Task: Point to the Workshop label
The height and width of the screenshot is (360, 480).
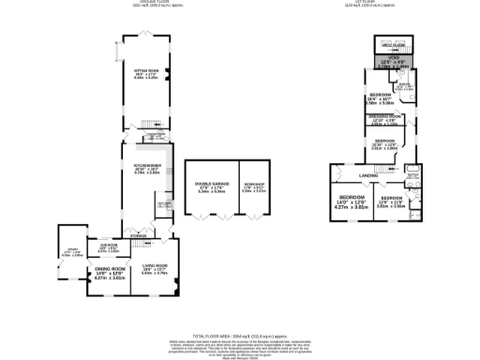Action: [x=254, y=185]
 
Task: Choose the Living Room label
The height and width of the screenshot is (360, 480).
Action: [x=154, y=269]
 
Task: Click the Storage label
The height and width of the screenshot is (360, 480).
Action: [x=138, y=235]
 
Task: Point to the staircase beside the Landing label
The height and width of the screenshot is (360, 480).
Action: [x=337, y=172]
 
